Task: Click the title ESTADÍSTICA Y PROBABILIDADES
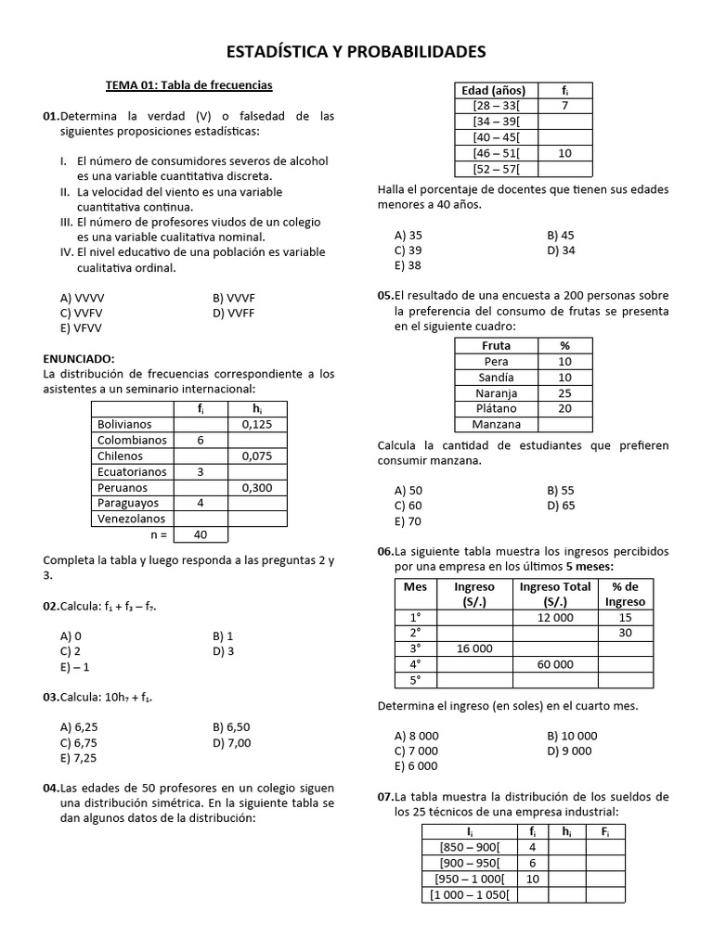click(356, 50)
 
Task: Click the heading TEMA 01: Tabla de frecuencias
click(188, 85)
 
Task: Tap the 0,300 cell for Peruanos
click(257, 487)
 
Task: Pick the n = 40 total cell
click(201, 535)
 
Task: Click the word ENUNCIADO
click(79, 358)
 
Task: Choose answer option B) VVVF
click(233, 298)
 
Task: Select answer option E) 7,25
click(78, 758)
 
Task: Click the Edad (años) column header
click(493, 90)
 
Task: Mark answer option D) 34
click(561, 250)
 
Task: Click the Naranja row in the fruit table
click(497, 392)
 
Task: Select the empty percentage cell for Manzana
click(564, 424)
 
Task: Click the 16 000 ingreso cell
click(474, 648)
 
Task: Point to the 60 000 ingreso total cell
click(555, 664)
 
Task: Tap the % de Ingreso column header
click(625, 594)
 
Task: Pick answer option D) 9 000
click(569, 751)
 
